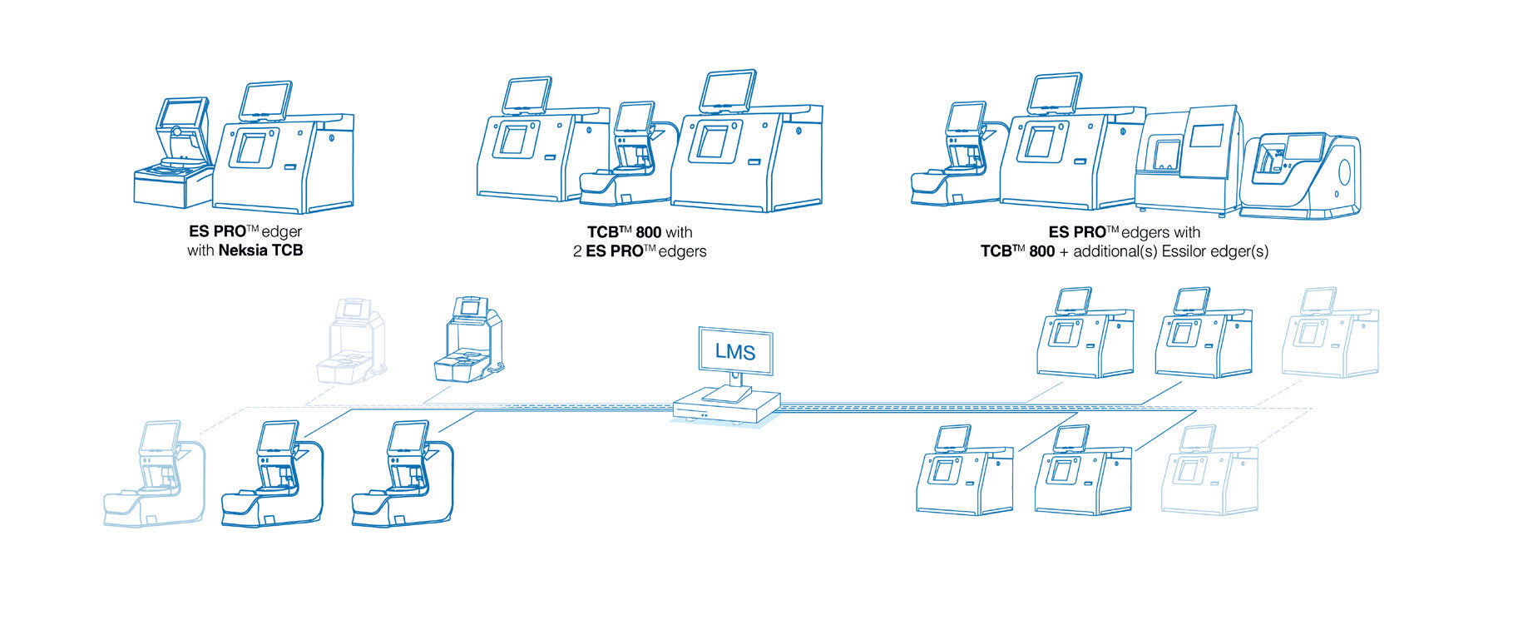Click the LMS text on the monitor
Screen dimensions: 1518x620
pos(735,352)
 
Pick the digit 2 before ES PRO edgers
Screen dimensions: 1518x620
pos(577,251)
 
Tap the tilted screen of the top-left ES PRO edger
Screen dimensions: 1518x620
pos(265,100)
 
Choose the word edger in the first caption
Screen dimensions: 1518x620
pos(282,232)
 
